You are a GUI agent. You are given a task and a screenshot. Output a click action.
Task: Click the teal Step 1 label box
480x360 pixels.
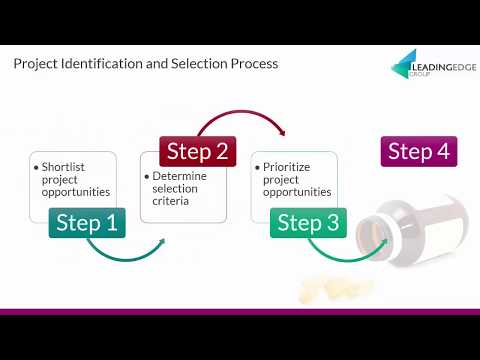coord(87,223)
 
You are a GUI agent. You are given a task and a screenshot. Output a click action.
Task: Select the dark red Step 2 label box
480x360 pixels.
coord(198,151)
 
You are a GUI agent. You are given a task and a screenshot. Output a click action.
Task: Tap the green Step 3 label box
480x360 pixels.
coord(308,223)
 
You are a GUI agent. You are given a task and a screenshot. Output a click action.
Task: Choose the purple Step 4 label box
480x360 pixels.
coord(419,151)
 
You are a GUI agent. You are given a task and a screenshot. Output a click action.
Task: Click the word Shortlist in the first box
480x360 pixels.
coord(63,167)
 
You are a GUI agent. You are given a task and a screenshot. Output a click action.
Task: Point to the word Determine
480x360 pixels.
coord(179,176)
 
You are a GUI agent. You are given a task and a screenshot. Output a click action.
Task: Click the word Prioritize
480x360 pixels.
coord(286,167)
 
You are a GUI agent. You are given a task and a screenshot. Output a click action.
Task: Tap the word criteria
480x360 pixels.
coord(170,201)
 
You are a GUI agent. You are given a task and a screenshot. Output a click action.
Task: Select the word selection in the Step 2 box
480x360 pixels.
coord(175,189)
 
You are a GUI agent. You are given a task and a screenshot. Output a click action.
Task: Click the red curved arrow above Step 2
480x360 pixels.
coord(242,112)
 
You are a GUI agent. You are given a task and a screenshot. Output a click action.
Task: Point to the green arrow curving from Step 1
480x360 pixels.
coord(127,259)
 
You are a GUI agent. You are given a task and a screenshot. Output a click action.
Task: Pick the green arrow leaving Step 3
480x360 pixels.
coord(347,259)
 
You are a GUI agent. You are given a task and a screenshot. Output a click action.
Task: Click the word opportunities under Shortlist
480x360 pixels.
coord(76,192)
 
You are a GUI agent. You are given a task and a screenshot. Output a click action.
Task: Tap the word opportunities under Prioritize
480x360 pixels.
coord(297,192)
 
